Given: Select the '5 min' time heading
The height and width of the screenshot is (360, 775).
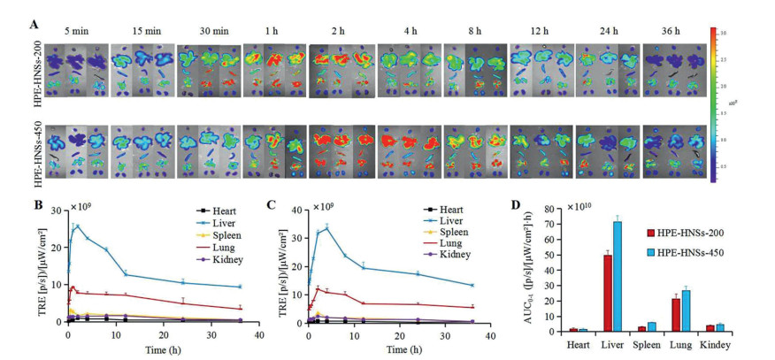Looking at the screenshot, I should (78, 32).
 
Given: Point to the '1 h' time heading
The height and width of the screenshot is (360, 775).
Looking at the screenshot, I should (271, 32).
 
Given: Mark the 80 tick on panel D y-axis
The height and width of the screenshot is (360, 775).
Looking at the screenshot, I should (550, 209).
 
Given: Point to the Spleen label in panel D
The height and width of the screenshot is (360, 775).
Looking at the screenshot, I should (648, 344).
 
